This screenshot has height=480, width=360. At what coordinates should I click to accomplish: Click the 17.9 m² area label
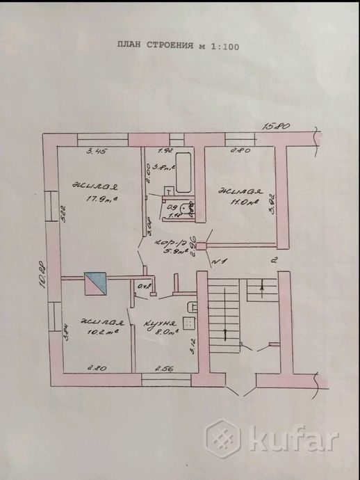(99, 201)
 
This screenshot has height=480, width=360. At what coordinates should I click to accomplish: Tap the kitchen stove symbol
(187, 323)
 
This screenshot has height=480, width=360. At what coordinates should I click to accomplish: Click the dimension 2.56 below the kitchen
(164, 367)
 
